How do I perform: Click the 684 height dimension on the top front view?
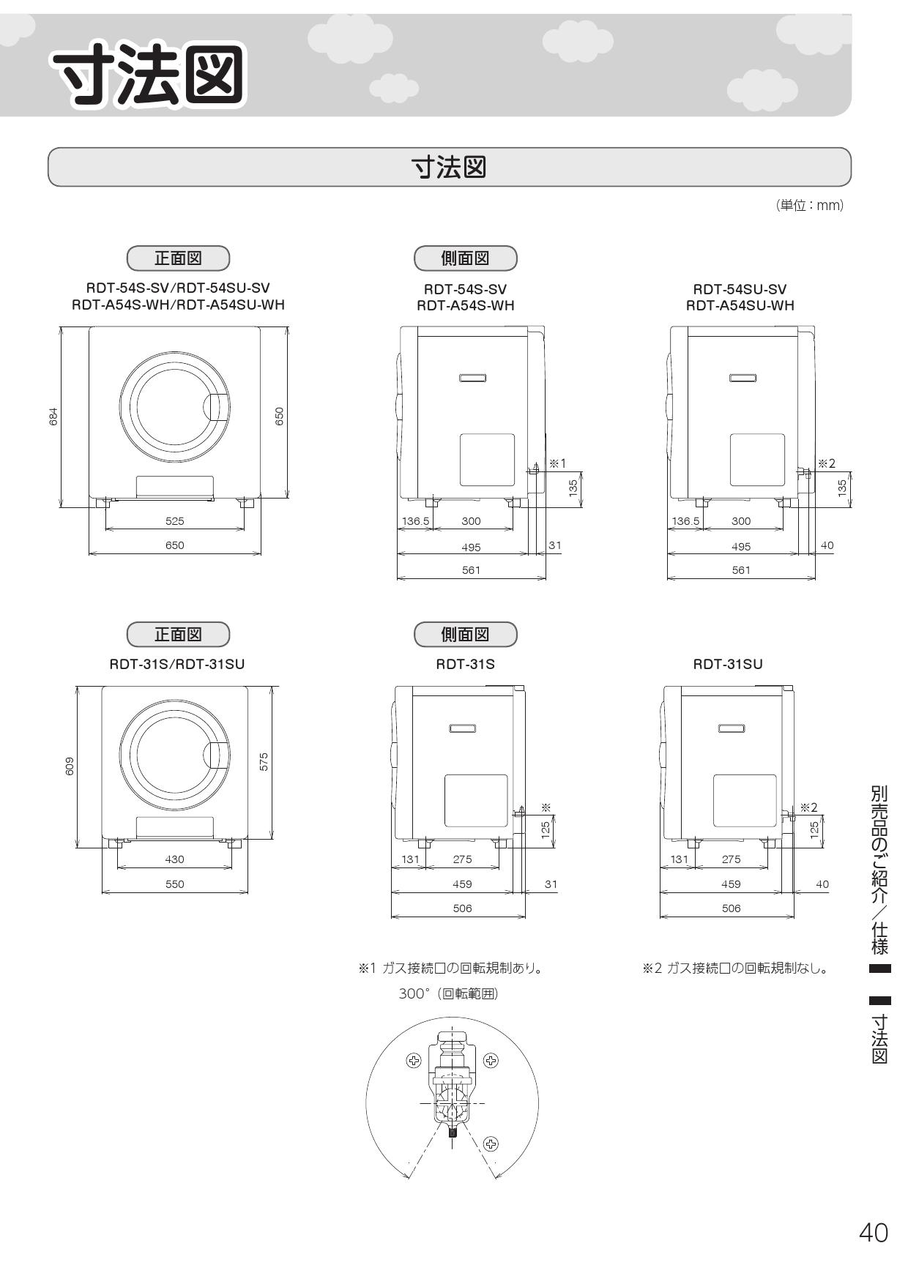[x=53, y=417]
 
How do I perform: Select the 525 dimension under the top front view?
[x=175, y=521]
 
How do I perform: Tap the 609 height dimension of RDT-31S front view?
[x=69, y=766]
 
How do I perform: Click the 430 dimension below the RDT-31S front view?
[x=175, y=859]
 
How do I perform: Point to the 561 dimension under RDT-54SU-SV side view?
[x=741, y=570]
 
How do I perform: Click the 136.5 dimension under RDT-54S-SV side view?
[x=415, y=521]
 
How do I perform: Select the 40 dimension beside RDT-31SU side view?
[x=822, y=884]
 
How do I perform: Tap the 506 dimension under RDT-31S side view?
[x=462, y=908]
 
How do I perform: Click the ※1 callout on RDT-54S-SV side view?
[x=558, y=463]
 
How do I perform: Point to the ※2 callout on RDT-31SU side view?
[x=808, y=807]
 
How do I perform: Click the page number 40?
[x=873, y=1233]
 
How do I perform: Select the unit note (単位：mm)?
[x=810, y=206]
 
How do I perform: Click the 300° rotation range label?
[x=448, y=993]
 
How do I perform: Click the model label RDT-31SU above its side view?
[x=728, y=664]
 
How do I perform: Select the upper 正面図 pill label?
[x=178, y=258]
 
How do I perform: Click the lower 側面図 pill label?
[x=465, y=634]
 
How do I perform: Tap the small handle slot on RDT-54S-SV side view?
[x=473, y=378]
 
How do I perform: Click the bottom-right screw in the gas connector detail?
[x=491, y=1143]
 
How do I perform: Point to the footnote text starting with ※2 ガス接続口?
[x=735, y=968]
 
